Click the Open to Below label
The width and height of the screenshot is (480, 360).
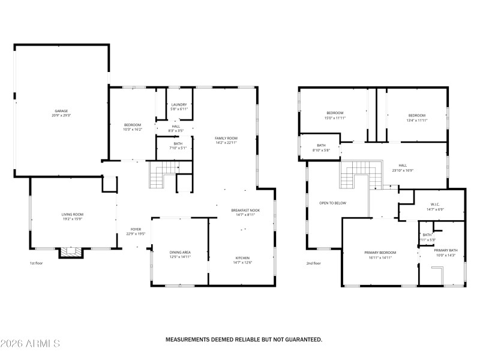click(332, 203)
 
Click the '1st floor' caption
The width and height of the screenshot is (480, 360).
click(37, 263)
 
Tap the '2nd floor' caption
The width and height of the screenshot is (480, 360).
click(313, 263)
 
